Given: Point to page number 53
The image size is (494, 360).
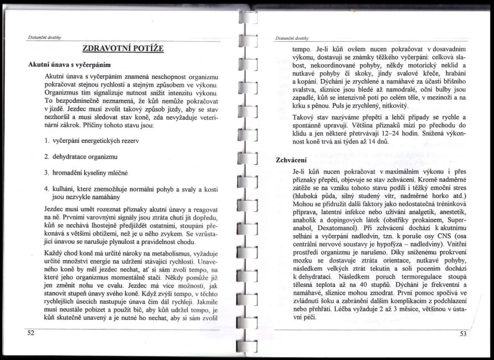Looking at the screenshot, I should [x=463, y=333].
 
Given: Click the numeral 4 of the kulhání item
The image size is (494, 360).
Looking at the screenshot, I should [x=47, y=188].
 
